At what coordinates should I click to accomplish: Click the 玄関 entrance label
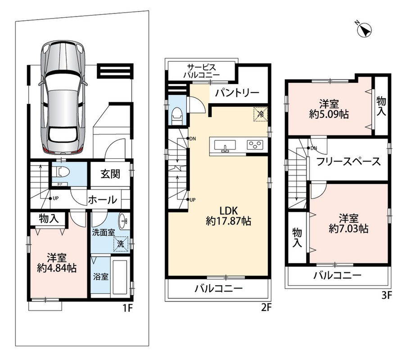pyautogui.click(x=110, y=174)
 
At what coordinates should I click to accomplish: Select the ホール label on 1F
pyautogui.click(x=103, y=200)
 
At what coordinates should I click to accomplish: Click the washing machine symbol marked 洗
pyautogui.click(x=121, y=244)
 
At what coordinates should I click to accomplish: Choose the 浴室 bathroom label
pyautogui.click(x=100, y=277)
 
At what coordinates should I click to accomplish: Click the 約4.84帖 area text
pyautogui.click(x=57, y=268)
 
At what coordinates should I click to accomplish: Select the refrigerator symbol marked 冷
pyautogui.click(x=261, y=114)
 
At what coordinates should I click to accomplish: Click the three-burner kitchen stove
pyautogui.click(x=255, y=145)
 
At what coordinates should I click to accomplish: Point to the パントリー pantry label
pyautogui.click(x=237, y=93)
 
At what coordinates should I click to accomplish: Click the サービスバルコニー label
pyautogui.click(x=202, y=71)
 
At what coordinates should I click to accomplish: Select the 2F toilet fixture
pyautogui.click(x=176, y=115)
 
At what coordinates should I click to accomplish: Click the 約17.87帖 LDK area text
pyautogui.click(x=228, y=221)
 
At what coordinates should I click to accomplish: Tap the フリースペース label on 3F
pyautogui.click(x=348, y=162)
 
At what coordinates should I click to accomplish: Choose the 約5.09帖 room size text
pyautogui.click(x=329, y=114)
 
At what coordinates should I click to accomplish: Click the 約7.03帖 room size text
pyautogui.click(x=349, y=229)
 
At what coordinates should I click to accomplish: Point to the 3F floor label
pyautogui.click(x=387, y=296)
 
